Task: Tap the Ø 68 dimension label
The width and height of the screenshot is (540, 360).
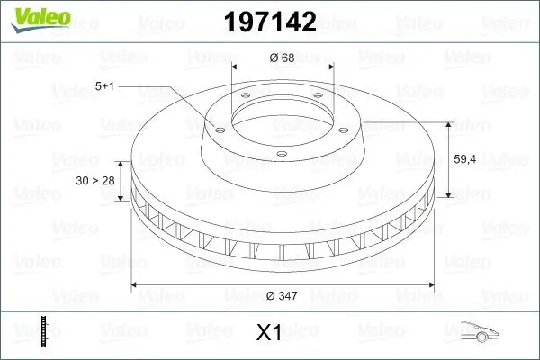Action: [x=283, y=58]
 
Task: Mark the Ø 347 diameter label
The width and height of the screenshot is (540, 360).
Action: [x=285, y=296]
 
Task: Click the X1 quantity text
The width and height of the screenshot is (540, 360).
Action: [x=270, y=332]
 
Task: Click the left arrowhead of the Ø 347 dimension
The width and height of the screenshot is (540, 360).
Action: [x=136, y=285]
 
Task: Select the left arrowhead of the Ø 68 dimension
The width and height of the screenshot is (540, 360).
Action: [x=235, y=67]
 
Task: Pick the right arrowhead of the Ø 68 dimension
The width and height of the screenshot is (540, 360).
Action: [x=331, y=67]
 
